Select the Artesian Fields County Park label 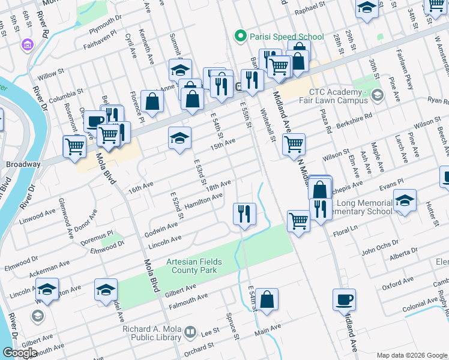tap(194, 266)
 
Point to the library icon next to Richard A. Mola tap(191, 332)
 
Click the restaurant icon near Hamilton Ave tap(244, 214)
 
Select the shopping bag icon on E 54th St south tap(268, 300)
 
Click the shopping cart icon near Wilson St tap(294, 145)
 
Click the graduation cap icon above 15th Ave tap(179, 139)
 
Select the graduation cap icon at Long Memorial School tap(405, 202)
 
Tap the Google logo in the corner tap(20, 353)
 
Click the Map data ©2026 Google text tap(411, 355)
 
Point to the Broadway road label tap(23, 164)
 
